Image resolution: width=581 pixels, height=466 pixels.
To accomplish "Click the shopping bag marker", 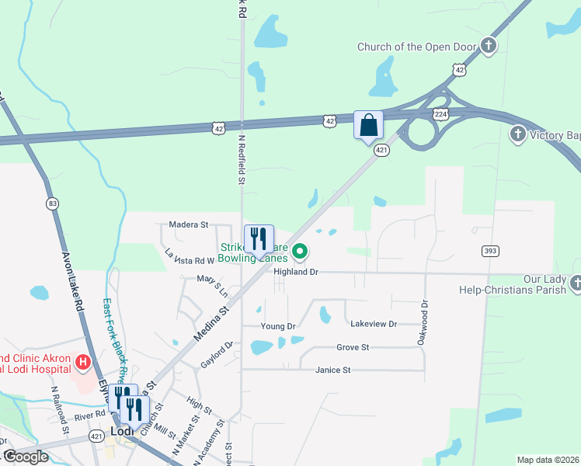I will click(x=368, y=125).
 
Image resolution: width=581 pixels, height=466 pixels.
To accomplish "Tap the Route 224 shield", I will click(x=440, y=113).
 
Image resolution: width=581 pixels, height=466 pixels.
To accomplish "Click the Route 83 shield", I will click(x=52, y=203).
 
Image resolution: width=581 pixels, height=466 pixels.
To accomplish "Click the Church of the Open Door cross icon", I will click(x=488, y=46).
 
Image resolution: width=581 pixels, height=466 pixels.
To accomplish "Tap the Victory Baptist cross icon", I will click(x=518, y=135).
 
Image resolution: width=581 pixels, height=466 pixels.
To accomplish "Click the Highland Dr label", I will click(x=296, y=272).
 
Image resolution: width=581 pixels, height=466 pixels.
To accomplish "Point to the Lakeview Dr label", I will click(x=374, y=323).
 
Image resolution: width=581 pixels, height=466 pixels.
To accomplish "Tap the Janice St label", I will click(x=333, y=370).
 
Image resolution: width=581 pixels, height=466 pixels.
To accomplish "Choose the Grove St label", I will click(x=353, y=347).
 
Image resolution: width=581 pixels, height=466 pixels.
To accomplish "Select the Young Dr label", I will click(x=278, y=326).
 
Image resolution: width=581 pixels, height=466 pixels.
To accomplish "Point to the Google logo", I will click(x=25, y=457).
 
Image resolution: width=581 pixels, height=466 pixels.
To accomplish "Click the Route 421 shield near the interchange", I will click(x=381, y=150).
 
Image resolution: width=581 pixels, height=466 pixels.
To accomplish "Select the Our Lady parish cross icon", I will click(x=576, y=283).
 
